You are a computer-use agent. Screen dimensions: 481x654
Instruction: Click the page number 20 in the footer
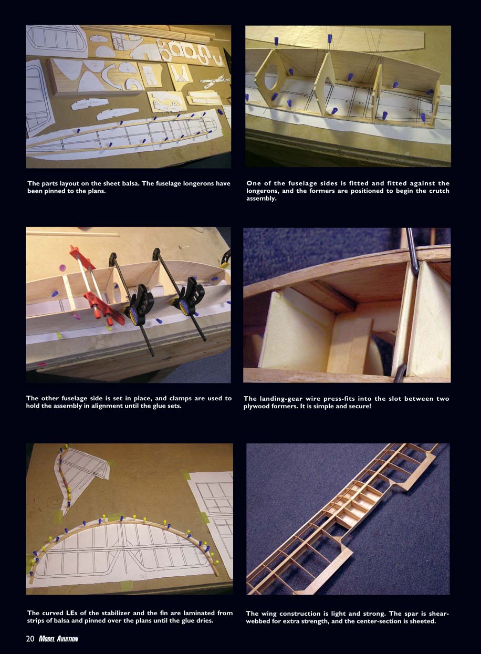click(30, 639)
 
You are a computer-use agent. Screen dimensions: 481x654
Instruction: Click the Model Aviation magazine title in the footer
click(58, 639)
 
